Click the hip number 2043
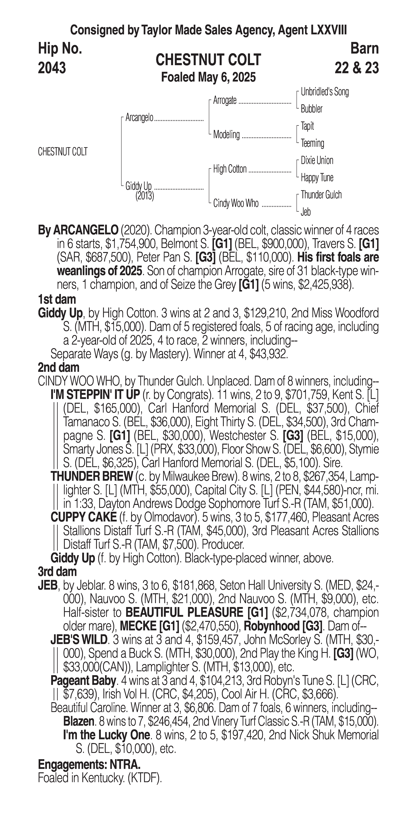pyautogui.click(x=52, y=68)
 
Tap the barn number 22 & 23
pyautogui.click(x=357, y=68)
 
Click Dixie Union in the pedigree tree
pyautogui.click(x=317, y=160)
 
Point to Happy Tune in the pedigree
pyautogui.click(x=317, y=178)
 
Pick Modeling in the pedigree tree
pyautogui.click(x=226, y=134)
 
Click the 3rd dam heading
pyautogui.click(x=57, y=571)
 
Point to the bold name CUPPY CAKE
pyautogui.click(x=83, y=517)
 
